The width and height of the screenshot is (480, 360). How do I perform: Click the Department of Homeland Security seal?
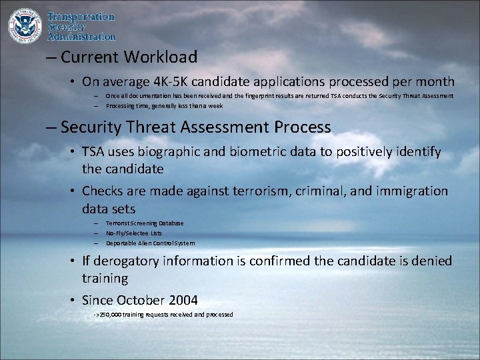pyautogui.click(x=25, y=25)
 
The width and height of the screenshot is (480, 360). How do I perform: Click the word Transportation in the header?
pyautogui.click(x=81, y=17)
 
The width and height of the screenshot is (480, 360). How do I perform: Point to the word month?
pyautogui.click(x=434, y=82)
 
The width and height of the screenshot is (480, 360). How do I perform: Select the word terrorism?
pyautogui.click(x=261, y=191)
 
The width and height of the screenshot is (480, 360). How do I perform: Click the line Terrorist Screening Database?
pyautogui.click(x=145, y=223)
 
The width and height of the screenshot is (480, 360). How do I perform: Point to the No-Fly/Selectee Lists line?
pyautogui.click(x=133, y=233)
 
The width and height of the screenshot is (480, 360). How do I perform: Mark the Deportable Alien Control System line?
pyautogui.click(x=150, y=243)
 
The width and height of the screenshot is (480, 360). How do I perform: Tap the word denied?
pyautogui.click(x=430, y=261)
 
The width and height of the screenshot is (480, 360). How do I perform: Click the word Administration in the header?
pyautogui.click(x=82, y=37)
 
